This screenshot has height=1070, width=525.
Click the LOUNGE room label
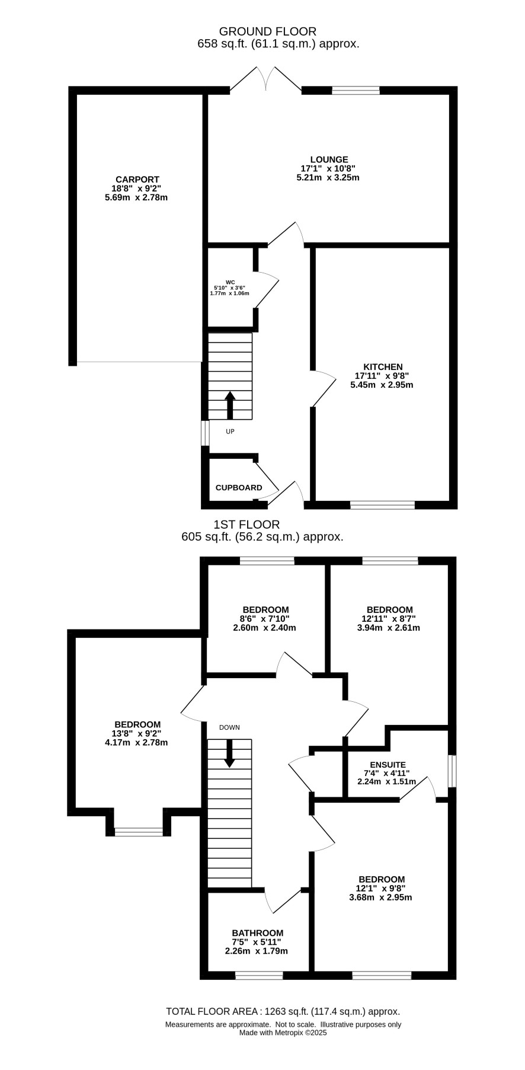coord(329,159)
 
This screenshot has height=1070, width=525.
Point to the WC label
coord(231,282)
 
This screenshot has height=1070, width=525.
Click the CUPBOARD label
coord(239,488)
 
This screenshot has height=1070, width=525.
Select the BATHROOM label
coord(258,932)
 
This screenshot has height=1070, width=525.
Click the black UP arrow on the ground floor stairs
coord(230,405)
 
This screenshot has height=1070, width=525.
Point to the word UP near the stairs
coord(230,432)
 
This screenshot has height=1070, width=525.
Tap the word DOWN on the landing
coord(229,727)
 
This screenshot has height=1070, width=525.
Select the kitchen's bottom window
coord(382,505)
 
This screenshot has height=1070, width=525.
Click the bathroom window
coord(259,975)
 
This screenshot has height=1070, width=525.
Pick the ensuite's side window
coord(452,771)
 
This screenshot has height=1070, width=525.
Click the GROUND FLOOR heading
coord(268,31)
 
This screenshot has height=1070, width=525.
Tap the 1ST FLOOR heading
coord(247,525)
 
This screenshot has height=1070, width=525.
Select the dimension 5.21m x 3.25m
coord(328,177)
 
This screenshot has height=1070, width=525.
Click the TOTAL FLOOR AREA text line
coord(283,1012)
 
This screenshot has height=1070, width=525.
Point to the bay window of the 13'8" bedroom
coord(139,832)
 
